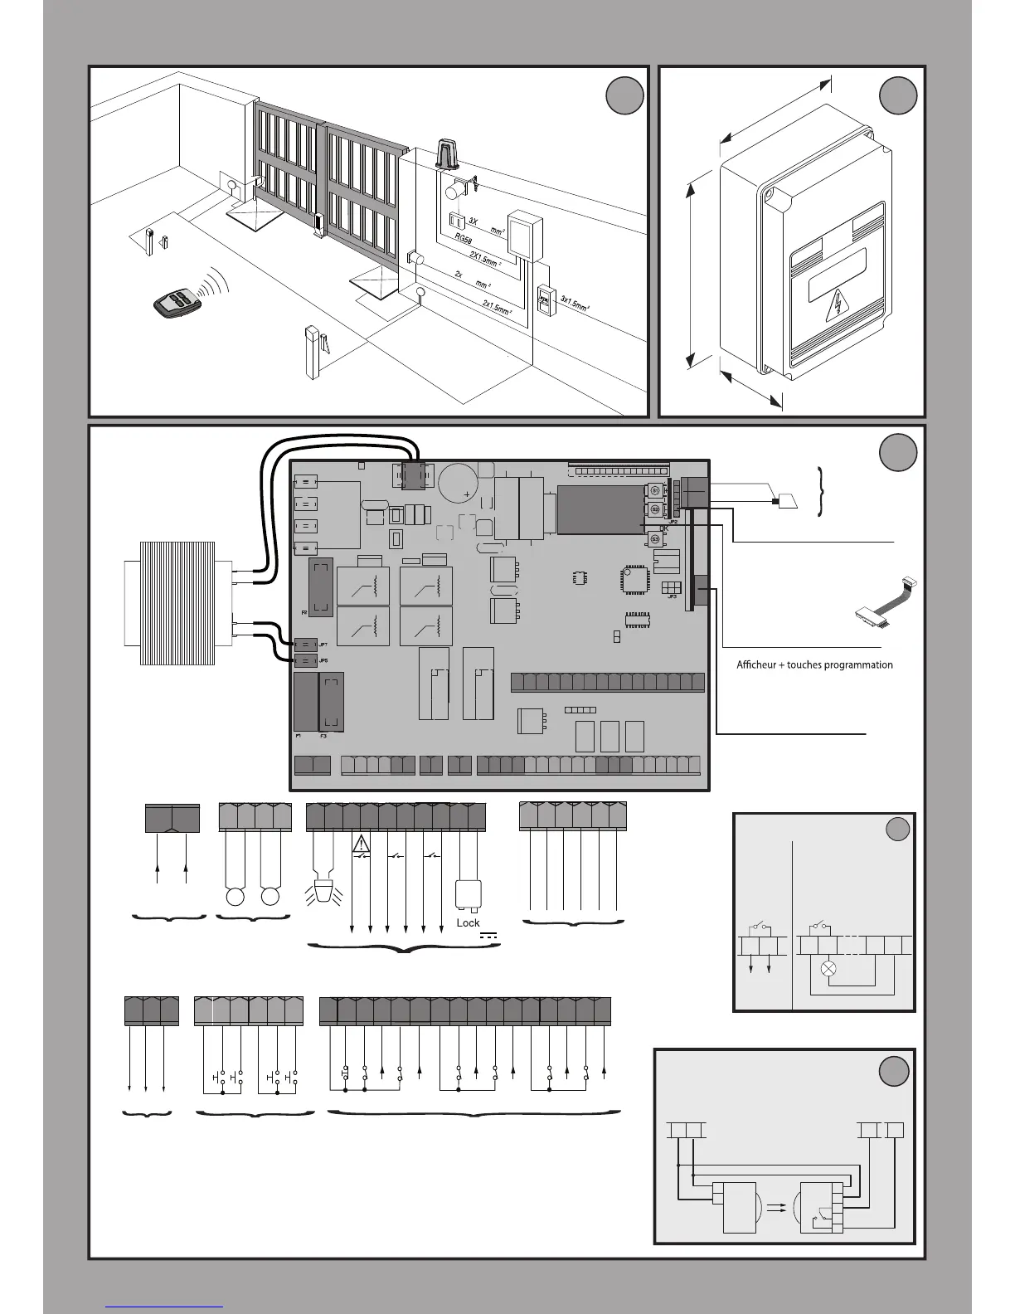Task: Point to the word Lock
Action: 468,922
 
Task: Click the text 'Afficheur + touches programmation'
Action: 814,664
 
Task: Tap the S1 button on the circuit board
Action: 654,489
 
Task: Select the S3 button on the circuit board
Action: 654,539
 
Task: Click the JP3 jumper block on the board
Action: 671,586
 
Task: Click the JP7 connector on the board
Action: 305,645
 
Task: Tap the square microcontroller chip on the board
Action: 634,578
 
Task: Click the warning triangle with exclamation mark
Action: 362,844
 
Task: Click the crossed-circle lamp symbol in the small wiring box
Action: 828,968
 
